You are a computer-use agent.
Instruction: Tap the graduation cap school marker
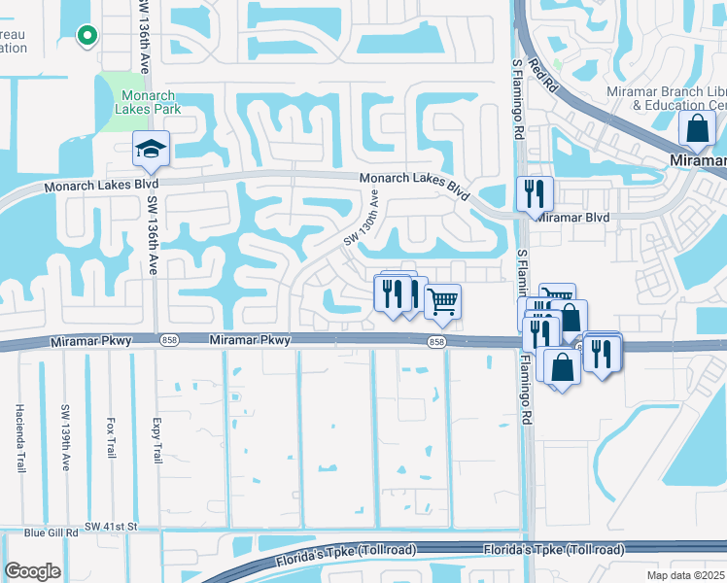pyautogui.click(x=151, y=149)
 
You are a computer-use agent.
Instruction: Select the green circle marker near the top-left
pyautogui.click(x=87, y=36)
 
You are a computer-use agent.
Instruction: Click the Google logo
pyautogui.click(x=33, y=571)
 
